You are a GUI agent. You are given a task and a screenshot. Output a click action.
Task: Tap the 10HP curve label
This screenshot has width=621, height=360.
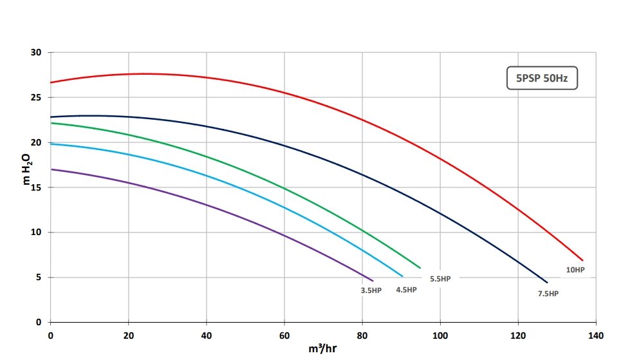[575, 270]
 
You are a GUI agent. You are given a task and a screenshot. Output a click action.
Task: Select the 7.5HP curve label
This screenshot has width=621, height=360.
[548, 294]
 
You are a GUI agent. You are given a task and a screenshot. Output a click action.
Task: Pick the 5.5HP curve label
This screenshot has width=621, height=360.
[440, 279]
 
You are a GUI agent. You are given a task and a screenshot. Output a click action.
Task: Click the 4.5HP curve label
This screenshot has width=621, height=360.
[406, 290]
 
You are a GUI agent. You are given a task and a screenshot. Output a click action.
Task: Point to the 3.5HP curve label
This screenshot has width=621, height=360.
[371, 290]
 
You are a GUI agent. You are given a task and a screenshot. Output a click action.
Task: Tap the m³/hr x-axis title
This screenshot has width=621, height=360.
[322, 350]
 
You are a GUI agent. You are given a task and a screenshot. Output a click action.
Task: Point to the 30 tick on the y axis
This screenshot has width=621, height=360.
[37, 52]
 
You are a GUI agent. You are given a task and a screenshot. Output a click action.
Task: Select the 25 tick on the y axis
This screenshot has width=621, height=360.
[37, 97]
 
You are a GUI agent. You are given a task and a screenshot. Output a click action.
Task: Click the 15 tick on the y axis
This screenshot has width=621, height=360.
[37, 187]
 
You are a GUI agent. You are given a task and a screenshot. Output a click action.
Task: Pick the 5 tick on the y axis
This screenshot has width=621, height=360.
[39, 278]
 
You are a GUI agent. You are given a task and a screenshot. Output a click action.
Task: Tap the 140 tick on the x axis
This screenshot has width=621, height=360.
[596, 335]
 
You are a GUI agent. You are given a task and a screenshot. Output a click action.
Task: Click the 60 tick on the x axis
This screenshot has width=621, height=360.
[284, 335]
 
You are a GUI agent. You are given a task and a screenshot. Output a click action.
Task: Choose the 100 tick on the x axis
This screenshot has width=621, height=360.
[440, 335]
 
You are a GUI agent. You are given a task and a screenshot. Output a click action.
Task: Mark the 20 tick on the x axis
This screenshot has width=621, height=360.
[128, 335]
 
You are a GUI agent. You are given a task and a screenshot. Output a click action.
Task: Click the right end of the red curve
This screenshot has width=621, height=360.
[582, 260]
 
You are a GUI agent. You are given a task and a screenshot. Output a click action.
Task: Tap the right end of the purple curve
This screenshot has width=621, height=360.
[373, 281]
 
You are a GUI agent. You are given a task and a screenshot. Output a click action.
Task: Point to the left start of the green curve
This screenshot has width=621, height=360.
[51, 123]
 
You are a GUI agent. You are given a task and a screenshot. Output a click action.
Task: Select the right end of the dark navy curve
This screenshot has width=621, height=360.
[547, 283]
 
